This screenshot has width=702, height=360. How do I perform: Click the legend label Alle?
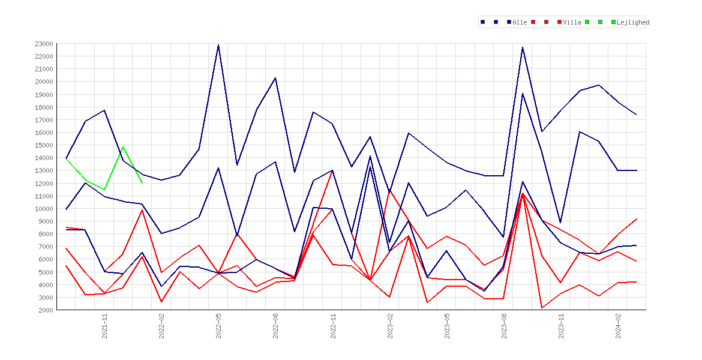click(x=520, y=22)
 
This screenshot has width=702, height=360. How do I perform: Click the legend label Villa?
click(x=572, y=22)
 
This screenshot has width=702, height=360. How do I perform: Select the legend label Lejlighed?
click(x=633, y=22)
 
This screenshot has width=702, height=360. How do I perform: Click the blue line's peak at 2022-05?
click(x=218, y=45)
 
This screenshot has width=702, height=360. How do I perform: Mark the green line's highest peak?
click(x=123, y=147)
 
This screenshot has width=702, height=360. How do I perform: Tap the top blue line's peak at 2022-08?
click(x=275, y=78)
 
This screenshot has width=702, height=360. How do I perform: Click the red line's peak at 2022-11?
click(x=332, y=170)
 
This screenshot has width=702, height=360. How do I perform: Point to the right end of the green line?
click(x=142, y=182)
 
